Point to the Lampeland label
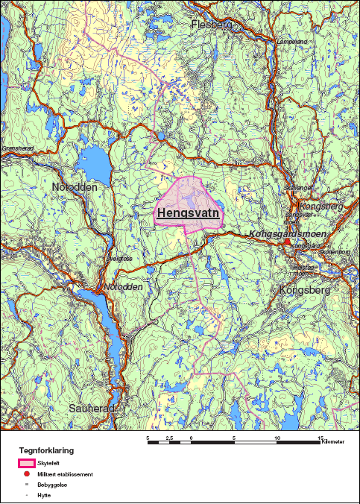point(291,42)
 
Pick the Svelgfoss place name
point(119,259)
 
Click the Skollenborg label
point(335,252)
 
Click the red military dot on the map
point(288,242)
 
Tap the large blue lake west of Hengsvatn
point(95,160)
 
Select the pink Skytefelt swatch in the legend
point(28,463)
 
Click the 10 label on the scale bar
point(278,438)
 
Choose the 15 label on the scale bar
point(320,438)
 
